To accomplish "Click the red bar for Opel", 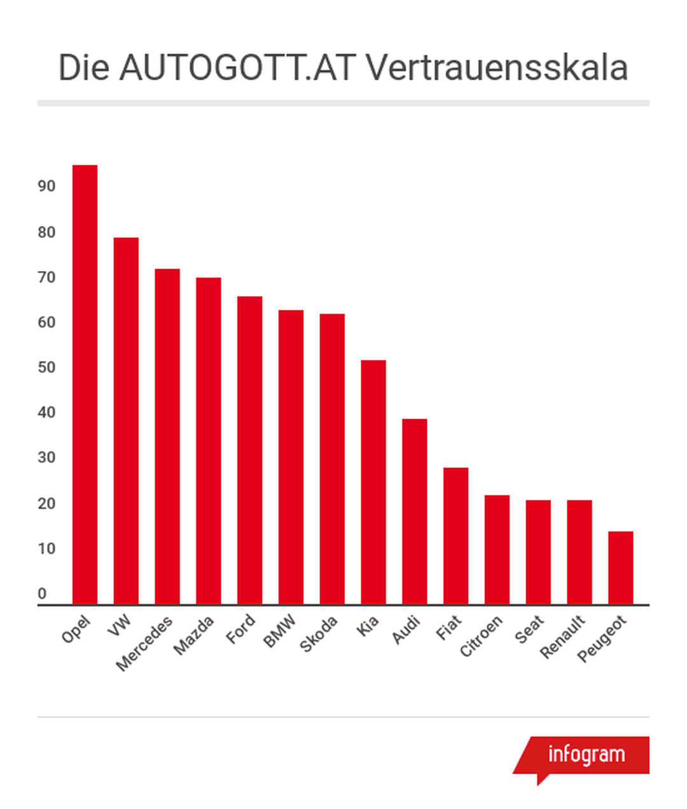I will (x=85, y=384).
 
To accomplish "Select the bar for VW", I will (x=126, y=421).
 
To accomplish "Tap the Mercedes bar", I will (x=167, y=437).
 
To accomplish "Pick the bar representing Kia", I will (x=373, y=482).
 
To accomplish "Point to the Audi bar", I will (x=415, y=511).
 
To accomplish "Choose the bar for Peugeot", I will (x=620, y=567).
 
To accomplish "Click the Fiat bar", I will (x=455, y=536).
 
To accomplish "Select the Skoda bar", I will (x=332, y=459).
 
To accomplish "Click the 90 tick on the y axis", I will (x=46, y=186).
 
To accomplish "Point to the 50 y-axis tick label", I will (x=46, y=368).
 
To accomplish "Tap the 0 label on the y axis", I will (x=42, y=594).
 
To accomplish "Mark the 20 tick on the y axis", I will (x=46, y=503).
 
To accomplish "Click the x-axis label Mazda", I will (x=194, y=636).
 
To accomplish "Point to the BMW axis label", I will (x=280, y=631).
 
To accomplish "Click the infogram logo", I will (x=585, y=755).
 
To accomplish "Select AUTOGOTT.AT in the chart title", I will (x=236, y=67).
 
